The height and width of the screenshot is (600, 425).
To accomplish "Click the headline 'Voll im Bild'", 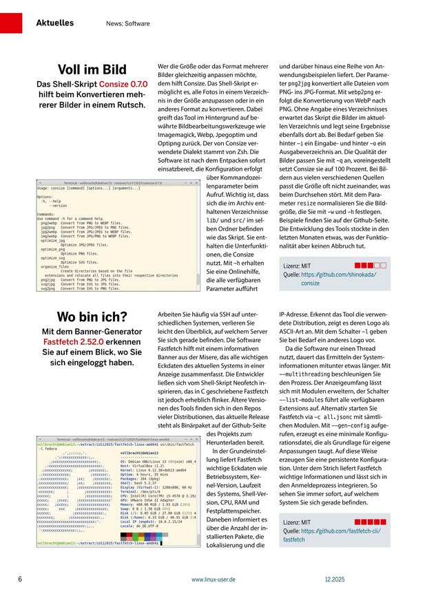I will pos(92,70).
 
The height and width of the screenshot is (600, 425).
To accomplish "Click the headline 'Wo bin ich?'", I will pos(92,317).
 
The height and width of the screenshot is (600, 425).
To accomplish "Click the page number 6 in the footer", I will pos(20,579).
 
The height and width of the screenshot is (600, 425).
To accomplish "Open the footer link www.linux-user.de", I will pos(214,579).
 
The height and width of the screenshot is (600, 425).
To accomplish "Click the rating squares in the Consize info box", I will pos(370,264).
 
